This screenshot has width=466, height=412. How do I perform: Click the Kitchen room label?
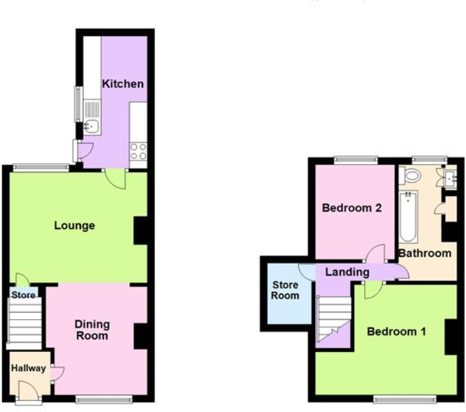coord(122,84)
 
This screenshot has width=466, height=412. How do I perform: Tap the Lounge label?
coord(74,226)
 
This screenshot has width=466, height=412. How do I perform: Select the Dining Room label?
coord(92,330)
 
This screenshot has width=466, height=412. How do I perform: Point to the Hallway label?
coord(28,368)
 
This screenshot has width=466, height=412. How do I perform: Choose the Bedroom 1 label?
coord(396,332)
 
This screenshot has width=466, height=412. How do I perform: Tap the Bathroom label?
coord(425,253)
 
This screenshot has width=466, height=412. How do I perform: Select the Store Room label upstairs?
coord(286,291)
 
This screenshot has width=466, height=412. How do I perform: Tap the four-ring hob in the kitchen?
coord(138,151)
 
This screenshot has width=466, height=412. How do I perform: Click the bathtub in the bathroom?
coord(407,216)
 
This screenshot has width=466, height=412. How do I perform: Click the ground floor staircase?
coord(24,320)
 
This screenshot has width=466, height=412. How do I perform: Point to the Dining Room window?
coord(103,398)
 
